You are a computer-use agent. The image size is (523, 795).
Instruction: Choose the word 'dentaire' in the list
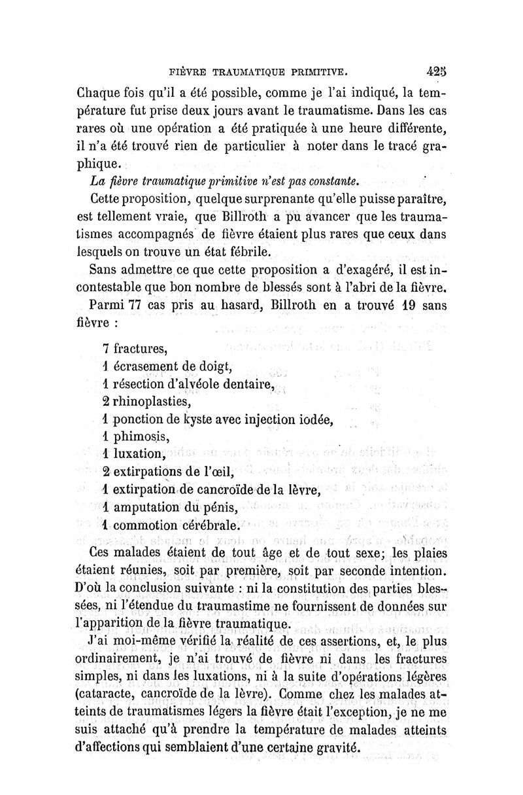(242, 383)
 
